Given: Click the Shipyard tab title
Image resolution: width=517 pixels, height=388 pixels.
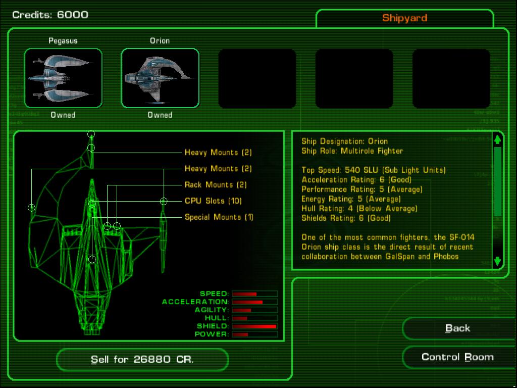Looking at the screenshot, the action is [404, 18].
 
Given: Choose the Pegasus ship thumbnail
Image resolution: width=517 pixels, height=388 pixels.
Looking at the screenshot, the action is [63, 78].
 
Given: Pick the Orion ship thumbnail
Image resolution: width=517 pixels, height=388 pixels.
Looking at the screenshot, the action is [160, 78].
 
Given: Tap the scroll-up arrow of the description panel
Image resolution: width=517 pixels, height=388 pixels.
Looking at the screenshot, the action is [497, 139].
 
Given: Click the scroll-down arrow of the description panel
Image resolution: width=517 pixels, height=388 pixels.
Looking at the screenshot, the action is [497, 261].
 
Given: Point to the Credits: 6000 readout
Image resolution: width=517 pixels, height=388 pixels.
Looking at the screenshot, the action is [50, 15].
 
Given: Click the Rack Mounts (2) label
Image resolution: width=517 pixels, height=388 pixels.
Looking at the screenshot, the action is [216, 185].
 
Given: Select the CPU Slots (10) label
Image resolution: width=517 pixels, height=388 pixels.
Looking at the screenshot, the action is [213, 201].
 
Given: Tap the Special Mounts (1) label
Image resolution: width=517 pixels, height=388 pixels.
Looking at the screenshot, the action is [219, 217].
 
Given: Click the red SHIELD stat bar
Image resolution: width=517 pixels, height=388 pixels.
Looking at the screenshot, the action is [254, 326].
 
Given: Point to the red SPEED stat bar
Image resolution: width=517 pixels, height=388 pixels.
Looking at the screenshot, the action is [244, 294].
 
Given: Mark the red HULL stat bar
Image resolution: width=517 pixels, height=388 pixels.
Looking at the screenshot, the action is [240, 318].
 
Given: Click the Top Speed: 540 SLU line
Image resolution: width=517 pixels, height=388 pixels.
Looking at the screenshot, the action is [374, 170].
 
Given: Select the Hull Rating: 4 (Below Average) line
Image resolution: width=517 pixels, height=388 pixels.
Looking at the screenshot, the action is [359, 209].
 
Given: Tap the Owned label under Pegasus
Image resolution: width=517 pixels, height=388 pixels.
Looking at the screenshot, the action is [63, 115].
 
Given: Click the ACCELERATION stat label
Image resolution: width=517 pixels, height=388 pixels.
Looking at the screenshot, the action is [195, 302].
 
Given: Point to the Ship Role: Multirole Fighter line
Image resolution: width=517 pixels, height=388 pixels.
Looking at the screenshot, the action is [352, 151].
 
